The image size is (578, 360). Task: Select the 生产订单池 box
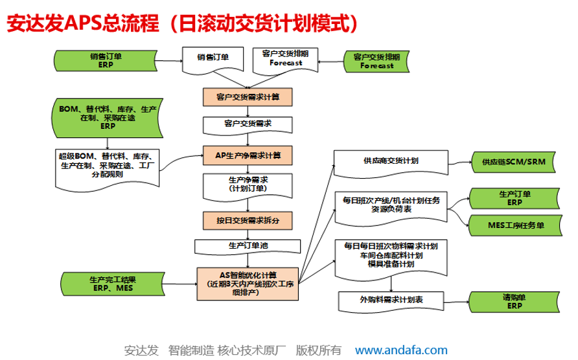click(x=248, y=246)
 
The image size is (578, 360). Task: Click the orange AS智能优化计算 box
click(x=248, y=282)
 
